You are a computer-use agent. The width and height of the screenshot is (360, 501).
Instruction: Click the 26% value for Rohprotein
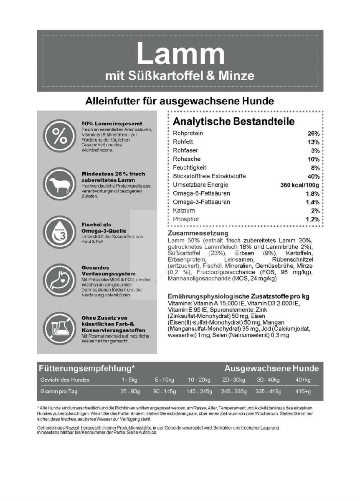coord(313,134)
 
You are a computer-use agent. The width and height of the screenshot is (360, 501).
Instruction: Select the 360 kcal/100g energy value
coord(299,185)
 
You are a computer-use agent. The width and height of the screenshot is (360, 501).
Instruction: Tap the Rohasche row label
coord(187,159)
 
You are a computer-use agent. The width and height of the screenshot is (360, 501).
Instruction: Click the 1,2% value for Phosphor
coord(312,220)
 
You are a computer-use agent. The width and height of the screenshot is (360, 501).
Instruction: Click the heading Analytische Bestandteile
coord(233,121)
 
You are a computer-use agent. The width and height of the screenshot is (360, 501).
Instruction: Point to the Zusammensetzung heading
coord(198,233)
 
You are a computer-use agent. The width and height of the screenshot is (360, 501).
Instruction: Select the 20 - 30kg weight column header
coord(234,380)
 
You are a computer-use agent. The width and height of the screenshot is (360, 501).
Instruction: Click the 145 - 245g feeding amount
coord(199,392)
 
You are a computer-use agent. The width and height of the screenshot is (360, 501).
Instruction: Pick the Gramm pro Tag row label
coord(59,392)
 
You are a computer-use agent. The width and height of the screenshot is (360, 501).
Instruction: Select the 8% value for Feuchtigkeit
coord(315,168)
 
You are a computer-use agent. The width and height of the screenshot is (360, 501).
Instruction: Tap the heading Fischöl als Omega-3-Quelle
coord(104,228)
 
